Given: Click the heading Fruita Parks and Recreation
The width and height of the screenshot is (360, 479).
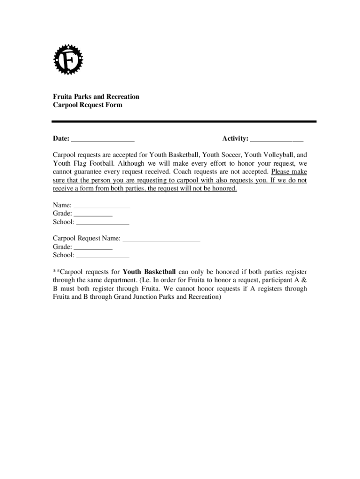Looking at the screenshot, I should pos(96,97).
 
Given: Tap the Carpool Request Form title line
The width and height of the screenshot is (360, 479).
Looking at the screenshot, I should pos(87,105).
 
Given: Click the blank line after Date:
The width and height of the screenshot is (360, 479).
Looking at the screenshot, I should pos(103,139).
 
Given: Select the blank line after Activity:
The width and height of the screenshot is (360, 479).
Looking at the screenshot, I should pos(277,139).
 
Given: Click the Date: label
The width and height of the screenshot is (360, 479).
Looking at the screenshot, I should pos(61,138).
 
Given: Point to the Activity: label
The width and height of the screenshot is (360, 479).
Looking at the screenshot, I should pos(235,138).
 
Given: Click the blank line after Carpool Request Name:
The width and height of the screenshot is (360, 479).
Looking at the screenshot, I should pos(161,239).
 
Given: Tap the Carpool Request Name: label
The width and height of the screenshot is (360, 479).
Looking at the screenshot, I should pos(86,239).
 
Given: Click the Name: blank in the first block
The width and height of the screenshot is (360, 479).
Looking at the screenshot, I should pos(102,206).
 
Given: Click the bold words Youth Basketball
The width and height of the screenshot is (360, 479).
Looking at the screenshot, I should pos(149,272).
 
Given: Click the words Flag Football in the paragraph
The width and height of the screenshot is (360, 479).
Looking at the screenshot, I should pos(96,164).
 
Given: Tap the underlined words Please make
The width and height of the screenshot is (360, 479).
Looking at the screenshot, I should pos(289,172).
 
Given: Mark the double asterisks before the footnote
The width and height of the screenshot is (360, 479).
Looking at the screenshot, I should pos(56,272).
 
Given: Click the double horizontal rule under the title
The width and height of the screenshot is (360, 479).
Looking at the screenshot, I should pos(184,122).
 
